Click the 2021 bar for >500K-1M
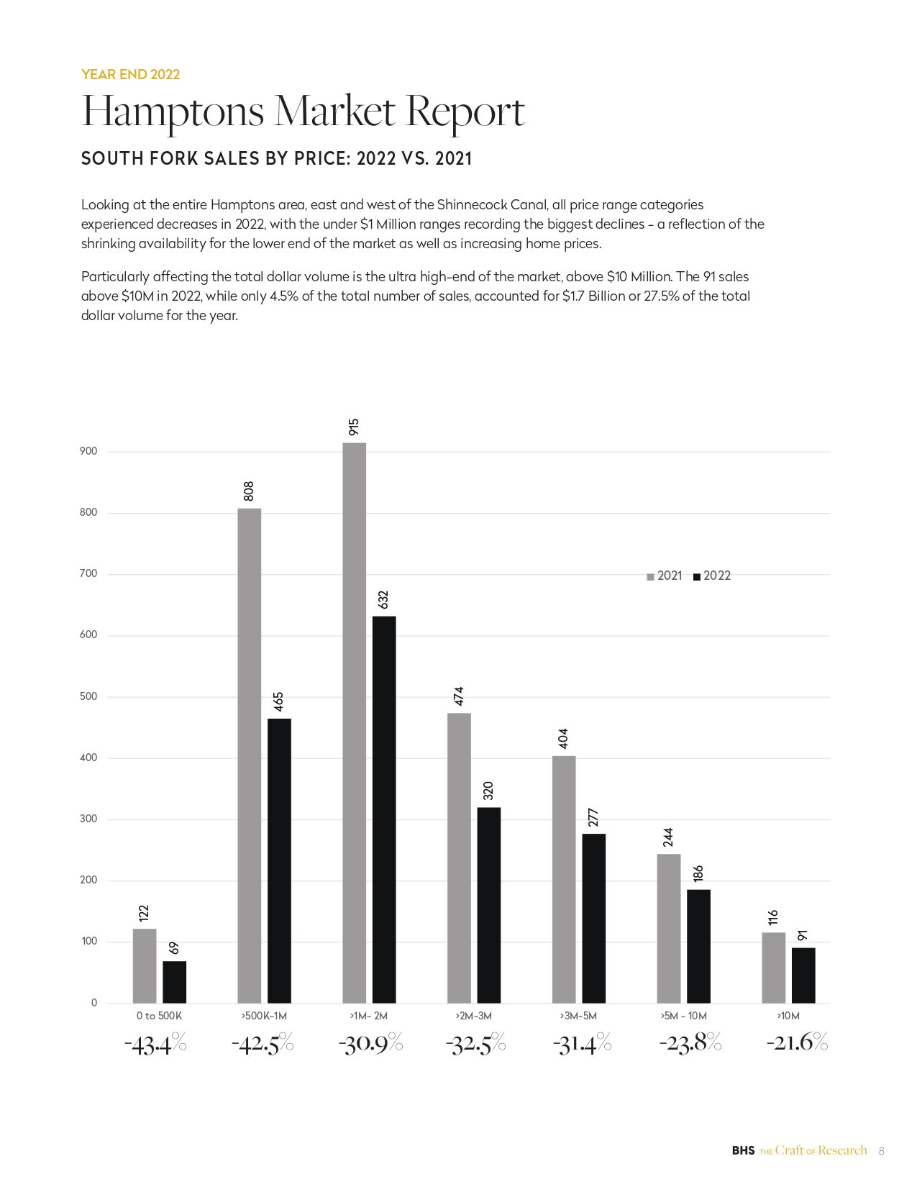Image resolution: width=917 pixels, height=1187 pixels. [249, 755]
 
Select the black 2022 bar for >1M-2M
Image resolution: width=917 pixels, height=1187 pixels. [384, 809]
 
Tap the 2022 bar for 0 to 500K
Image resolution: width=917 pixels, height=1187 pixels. [174, 982]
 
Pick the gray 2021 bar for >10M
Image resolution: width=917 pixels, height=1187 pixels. [773, 968]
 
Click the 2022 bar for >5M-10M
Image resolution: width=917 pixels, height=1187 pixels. [698, 946]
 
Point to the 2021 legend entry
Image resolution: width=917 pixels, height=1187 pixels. [665, 576]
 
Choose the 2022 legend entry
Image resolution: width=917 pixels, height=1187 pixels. [712, 576]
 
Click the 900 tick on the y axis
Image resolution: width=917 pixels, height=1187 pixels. [88, 451]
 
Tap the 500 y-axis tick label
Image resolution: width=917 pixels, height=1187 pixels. [88, 696]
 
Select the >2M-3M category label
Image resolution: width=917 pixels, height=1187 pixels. [473, 1016]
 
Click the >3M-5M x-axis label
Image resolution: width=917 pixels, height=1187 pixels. [578, 1016]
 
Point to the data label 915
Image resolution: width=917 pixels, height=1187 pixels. [354, 427]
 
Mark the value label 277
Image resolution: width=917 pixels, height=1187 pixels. [594, 818]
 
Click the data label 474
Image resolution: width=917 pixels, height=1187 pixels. [459, 696]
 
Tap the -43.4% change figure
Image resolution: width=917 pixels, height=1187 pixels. [155, 1044]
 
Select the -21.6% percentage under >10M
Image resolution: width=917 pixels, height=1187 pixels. [797, 1042]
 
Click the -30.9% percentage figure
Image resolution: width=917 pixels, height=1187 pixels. [370, 1043]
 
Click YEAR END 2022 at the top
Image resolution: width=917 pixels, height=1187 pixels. [130, 74]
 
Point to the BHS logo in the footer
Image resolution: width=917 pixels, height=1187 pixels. [743, 1150]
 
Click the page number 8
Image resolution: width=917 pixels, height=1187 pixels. [881, 1151]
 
